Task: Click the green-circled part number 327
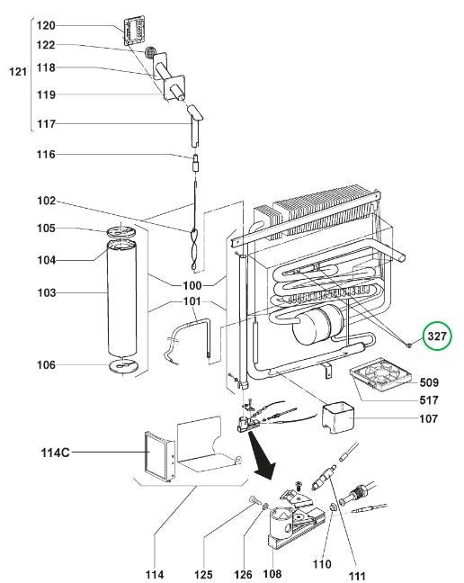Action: pos(437,336)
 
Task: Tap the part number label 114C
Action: pos(55,453)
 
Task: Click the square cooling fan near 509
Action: pos(379,375)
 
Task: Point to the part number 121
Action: pos(18,71)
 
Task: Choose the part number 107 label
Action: pos(428,418)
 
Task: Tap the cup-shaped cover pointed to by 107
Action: pos(337,418)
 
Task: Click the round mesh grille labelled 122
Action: pos(150,52)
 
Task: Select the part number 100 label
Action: pos(192,285)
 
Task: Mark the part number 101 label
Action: pos(192,300)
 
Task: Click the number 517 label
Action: pos(429,400)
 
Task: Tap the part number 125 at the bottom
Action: pos(203,575)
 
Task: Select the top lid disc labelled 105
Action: pos(121,231)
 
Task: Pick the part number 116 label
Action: pos(46,154)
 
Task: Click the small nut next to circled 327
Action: pos(408,345)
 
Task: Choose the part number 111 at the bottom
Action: pos(357,577)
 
